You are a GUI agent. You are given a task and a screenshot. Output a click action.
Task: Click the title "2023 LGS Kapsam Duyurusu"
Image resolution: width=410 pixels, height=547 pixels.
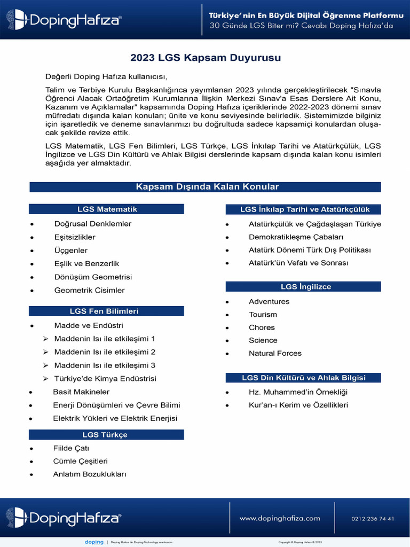click(206, 57)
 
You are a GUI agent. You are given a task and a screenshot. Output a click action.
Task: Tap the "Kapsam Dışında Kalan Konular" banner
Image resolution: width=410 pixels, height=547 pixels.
click(205, 186)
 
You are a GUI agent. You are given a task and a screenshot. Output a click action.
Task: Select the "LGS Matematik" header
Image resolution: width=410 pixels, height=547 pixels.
click(106, 209)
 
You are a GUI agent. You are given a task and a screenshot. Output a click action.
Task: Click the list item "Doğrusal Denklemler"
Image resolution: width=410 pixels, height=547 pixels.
click(92, 223)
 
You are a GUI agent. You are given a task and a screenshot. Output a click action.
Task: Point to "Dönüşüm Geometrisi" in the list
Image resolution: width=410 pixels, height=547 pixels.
click(93, 277)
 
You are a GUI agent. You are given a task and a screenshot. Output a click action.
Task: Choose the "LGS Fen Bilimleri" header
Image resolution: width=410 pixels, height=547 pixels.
click(106, 311)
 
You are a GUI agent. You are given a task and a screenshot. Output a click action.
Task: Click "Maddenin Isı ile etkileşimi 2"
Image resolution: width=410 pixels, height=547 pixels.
click(105, 352)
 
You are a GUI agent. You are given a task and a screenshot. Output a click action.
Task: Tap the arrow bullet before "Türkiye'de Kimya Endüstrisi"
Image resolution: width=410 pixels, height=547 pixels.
click(45, 379)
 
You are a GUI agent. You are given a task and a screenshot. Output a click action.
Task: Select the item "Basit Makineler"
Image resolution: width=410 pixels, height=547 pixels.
click(81, 392)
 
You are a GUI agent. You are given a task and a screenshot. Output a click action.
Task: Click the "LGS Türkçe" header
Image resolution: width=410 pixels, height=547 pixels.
click(106, 435)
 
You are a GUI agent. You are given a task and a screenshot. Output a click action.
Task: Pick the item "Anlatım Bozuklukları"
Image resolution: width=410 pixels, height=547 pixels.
click(90, 474)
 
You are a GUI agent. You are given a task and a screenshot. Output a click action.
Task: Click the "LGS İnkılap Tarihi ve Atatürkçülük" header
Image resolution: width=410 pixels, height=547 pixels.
click(304, 209)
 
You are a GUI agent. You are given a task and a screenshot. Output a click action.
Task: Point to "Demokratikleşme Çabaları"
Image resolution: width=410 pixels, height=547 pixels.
click(296, 237)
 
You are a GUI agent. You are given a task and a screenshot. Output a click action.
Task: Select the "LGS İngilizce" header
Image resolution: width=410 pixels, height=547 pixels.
click(304, 287)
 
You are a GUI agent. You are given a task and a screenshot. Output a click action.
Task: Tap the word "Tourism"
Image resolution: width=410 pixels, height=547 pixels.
click(263, 315)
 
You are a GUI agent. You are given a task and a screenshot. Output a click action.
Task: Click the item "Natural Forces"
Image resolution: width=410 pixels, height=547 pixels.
click(275, 353)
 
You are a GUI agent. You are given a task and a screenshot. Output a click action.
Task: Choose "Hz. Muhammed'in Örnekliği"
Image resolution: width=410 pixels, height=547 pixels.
click(298, 392)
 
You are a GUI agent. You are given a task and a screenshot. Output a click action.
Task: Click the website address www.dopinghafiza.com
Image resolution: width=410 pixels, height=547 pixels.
click(280, 518)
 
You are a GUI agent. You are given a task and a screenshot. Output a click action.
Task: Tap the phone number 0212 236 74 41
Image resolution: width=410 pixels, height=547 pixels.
click(373, 518)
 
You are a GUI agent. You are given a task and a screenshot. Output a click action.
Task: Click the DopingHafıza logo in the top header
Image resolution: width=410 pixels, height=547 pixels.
click(64, 20)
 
